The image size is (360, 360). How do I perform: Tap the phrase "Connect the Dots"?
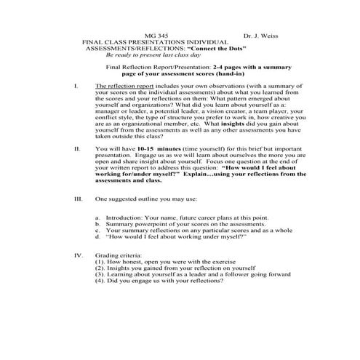[x=215, y=49]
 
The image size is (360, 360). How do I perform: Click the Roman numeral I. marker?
[x=76, y=87]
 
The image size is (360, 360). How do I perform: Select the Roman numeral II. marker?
[x=77, y=148]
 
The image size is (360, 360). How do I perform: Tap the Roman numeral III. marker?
[x=79, y=198]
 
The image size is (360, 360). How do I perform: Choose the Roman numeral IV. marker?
[x=79, y=255]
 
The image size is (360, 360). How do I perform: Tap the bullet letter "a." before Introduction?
[x=98, y=217]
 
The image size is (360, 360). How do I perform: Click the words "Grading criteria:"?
[x=119, y=255]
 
